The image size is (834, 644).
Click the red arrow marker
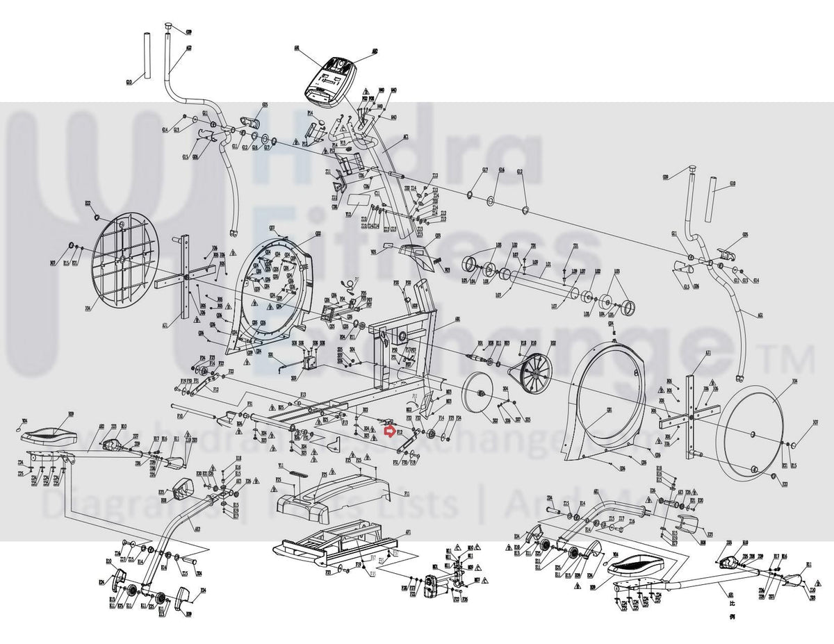coord(391,431)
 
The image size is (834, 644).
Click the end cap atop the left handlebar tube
coord(169,27)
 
